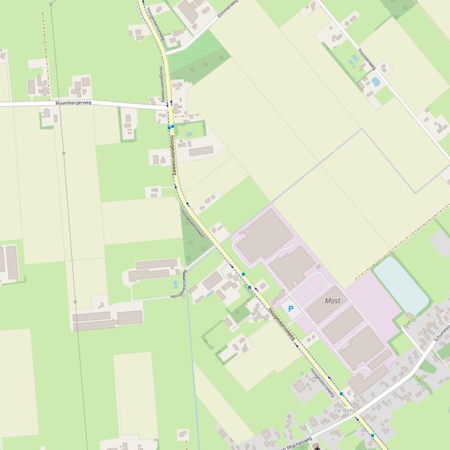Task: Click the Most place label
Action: (332, 300)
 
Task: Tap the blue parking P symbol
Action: (291, 309)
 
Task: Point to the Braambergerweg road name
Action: (73, 103)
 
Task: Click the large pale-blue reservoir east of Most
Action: (401, 285)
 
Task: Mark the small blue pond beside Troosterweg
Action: (375, 82)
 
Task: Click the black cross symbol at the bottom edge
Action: (318, 448)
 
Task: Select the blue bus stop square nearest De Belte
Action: (342, 394)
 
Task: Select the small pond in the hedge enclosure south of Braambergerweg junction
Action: (188, 134)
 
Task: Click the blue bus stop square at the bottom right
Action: (372, 435)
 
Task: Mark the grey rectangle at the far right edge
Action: (440, 243)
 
